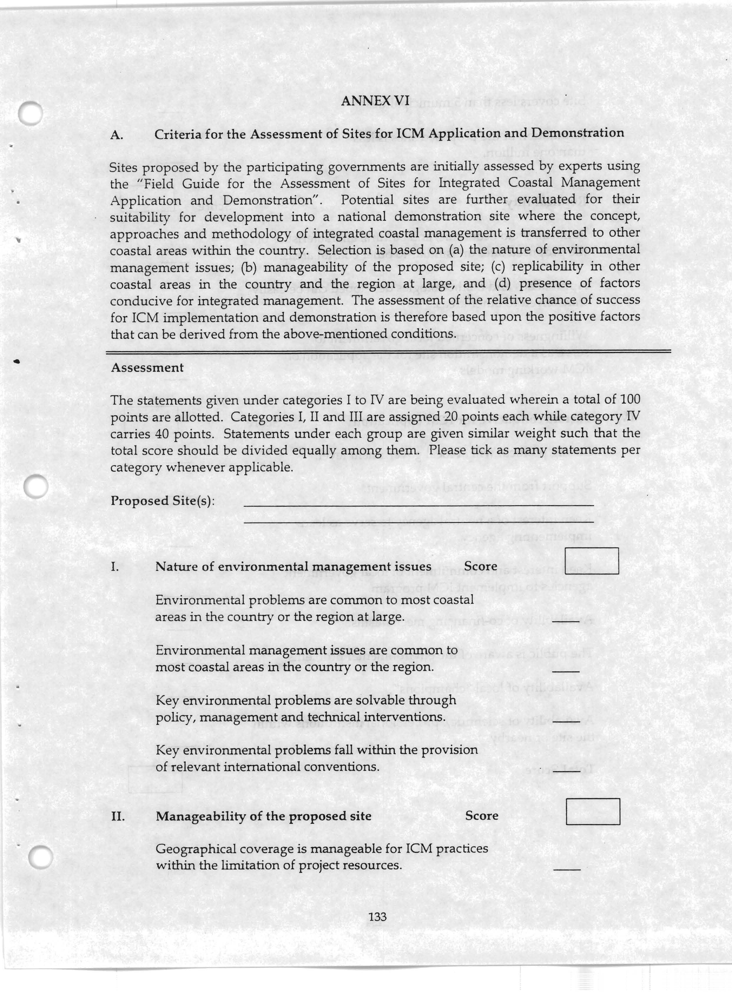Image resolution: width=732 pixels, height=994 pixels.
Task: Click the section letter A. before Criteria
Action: coord(116,135)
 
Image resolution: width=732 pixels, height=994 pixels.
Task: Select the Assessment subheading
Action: coord(147,368)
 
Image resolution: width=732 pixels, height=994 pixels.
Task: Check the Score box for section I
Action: coord(591,561)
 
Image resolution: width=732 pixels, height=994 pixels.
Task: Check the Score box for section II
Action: coord(593,811)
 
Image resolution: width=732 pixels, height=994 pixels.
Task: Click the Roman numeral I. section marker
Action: coord(114,567)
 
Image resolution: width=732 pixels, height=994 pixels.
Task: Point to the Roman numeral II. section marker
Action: coord(117,816)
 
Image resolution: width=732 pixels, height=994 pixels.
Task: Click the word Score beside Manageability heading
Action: coord(482,816)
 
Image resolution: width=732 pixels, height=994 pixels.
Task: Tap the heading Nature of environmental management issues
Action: coord(293,567)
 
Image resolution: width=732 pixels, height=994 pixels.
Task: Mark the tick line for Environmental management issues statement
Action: coord(566,672)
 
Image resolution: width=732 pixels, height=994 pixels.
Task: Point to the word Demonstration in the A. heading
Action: coord(577,133)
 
